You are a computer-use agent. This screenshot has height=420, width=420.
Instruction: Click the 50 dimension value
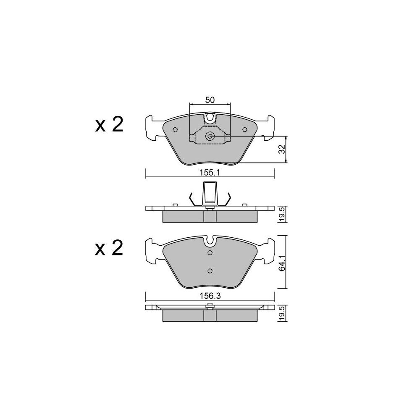pos(210,100)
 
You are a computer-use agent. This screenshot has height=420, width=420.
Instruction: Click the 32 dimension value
pos(281,150)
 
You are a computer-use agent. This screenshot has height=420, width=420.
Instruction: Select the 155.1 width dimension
pos(210,173)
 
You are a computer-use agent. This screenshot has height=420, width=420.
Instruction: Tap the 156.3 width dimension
pos(210,296)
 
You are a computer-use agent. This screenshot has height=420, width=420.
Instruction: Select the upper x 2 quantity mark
pos(109,125)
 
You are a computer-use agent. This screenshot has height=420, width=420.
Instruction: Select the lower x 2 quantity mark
pos(109,248)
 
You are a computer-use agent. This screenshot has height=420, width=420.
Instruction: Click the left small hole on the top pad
pos(176,130)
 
